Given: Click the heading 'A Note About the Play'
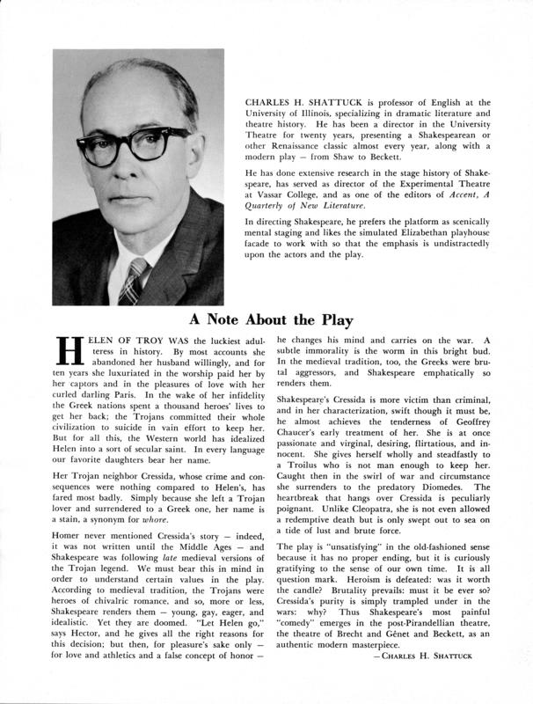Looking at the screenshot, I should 266,319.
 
